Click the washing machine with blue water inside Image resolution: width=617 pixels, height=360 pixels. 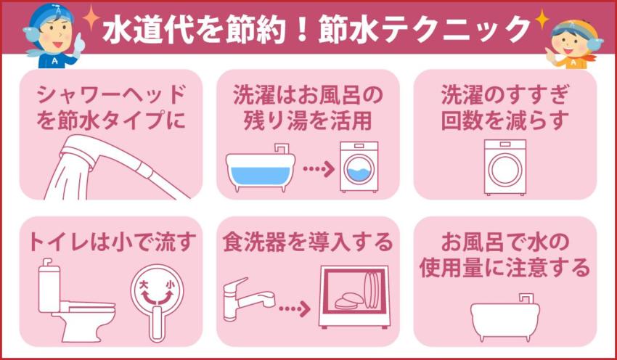(x=359, y=168)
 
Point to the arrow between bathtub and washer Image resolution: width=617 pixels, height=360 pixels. (x=316, y=169)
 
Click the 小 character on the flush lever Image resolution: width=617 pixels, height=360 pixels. (x=170, y=285)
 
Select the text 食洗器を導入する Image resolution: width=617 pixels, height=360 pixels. (x=307, y=242)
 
